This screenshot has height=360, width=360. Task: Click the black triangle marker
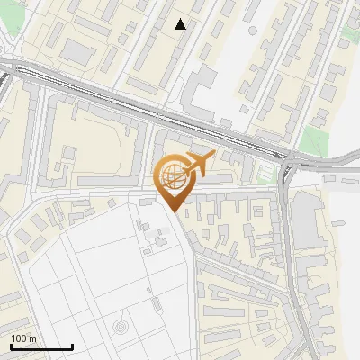tap(181, 24)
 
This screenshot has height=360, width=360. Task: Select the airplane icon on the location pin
tap(198, 163)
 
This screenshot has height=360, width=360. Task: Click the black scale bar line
tap(41, 347)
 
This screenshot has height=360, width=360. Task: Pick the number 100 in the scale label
tap(18, 338)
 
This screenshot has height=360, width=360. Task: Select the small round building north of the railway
tap(253, 30)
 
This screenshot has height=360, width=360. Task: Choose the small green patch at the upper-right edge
tap(345, 42)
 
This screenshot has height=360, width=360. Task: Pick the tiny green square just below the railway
tap(265, 171)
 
